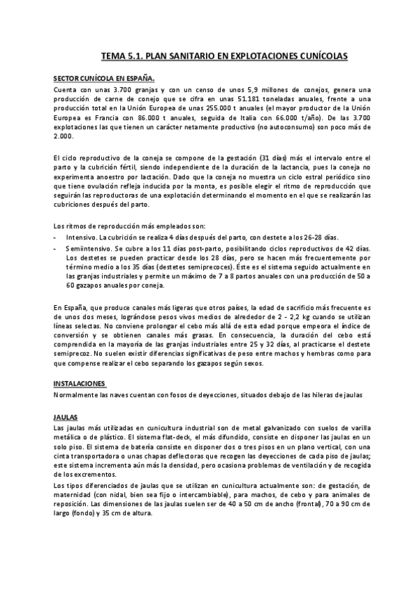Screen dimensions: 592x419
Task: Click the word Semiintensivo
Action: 89,249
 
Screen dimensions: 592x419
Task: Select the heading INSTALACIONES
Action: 80,383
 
